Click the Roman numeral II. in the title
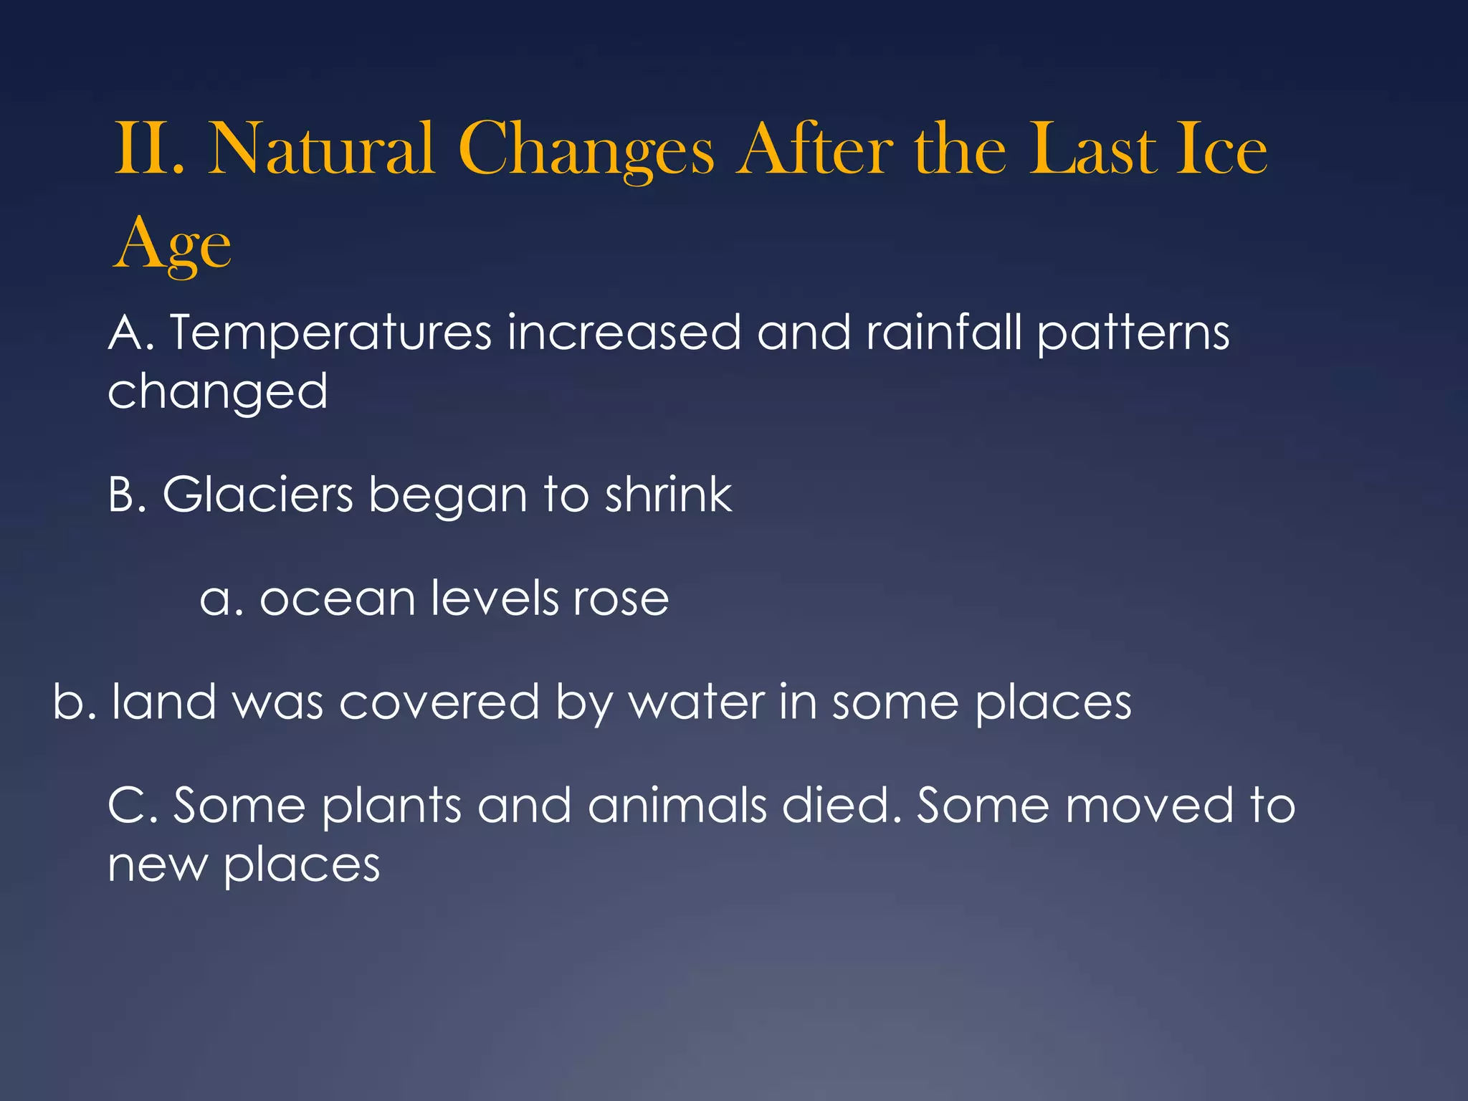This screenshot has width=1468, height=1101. pyautogui.click(x=149, y=149)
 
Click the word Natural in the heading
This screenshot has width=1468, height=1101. pyautogui.click(x=320, y=149)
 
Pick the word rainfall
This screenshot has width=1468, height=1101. pyautogui.click(x=943, y=333)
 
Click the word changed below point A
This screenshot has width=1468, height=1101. pyautogui.click(x=217, y=393)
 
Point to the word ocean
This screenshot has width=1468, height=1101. pyautogui.click(x=337, y=599)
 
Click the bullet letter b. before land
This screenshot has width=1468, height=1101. pyautogui.click(x=74, y=702)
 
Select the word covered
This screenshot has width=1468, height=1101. pyautogui.click(x=439, y=702)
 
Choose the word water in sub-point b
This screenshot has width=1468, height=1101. pyautogui.click(x=696, y=702)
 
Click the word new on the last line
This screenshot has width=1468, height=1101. pyautogui.click(x=157, y=865)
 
